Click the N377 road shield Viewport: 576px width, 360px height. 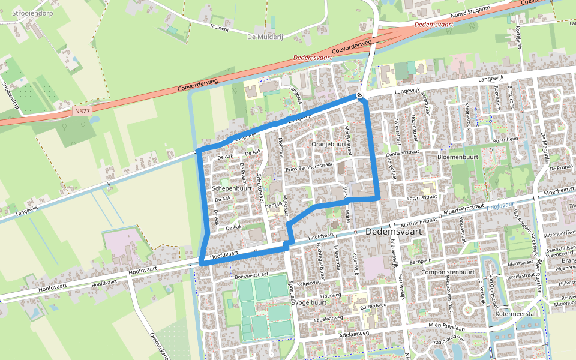[x=81, y=111]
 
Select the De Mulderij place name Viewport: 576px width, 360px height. [x=265, y=37]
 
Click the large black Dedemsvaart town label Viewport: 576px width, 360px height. [x=394, y=231]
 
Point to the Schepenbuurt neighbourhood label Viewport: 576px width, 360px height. [x=232, y=188]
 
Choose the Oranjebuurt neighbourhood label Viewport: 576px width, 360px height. [x=329, y=144]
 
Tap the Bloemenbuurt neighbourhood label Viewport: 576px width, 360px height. [x=457, y=157]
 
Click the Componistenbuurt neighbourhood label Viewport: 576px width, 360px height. [x=448, y=272]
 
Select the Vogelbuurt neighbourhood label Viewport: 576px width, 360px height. [x=310, y=302]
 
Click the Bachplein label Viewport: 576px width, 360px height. [x=421, y=262]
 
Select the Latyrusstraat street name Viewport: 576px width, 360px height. [x=422, y=197]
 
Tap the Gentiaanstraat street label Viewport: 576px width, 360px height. [x=402, y=153]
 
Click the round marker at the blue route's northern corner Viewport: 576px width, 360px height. [x=359, y=95]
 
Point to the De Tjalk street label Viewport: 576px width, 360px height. [x=273, y=205]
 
